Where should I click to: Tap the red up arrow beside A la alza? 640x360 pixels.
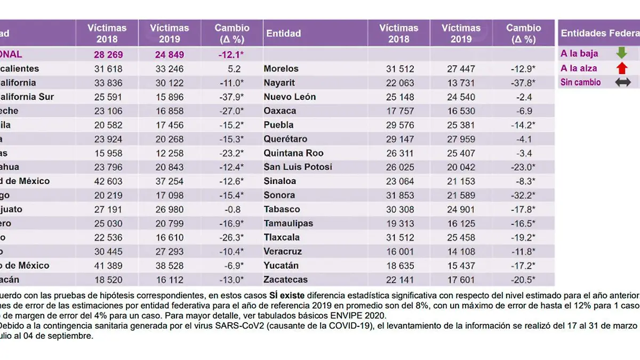(x=621, y=68)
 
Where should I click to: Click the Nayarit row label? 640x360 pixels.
(x=280, y=83)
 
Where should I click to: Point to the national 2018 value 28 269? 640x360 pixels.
(x=107, y=54)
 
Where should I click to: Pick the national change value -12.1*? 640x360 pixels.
(x=232, y=54)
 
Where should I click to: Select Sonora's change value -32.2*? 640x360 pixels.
(x=523, y=195)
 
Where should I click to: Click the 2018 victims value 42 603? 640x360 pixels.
(x=107, y=181)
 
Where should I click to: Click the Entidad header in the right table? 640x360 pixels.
(x=283, y=33)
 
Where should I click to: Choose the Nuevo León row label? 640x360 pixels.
(x=290, y=97)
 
